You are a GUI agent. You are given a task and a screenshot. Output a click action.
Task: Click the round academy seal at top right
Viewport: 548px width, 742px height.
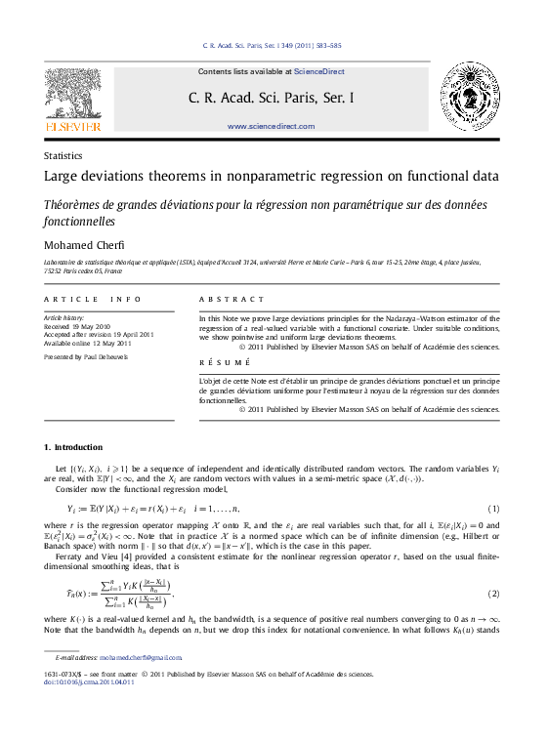pos(470,97)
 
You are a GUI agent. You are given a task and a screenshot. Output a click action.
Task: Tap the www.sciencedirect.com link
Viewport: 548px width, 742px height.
pos(271,127)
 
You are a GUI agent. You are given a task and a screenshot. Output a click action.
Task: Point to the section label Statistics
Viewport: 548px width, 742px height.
pos(63,155)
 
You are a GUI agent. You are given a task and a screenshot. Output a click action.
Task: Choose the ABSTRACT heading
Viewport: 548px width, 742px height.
pos(232,299)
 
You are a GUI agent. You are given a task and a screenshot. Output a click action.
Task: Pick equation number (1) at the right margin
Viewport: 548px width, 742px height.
pos(494,509)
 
